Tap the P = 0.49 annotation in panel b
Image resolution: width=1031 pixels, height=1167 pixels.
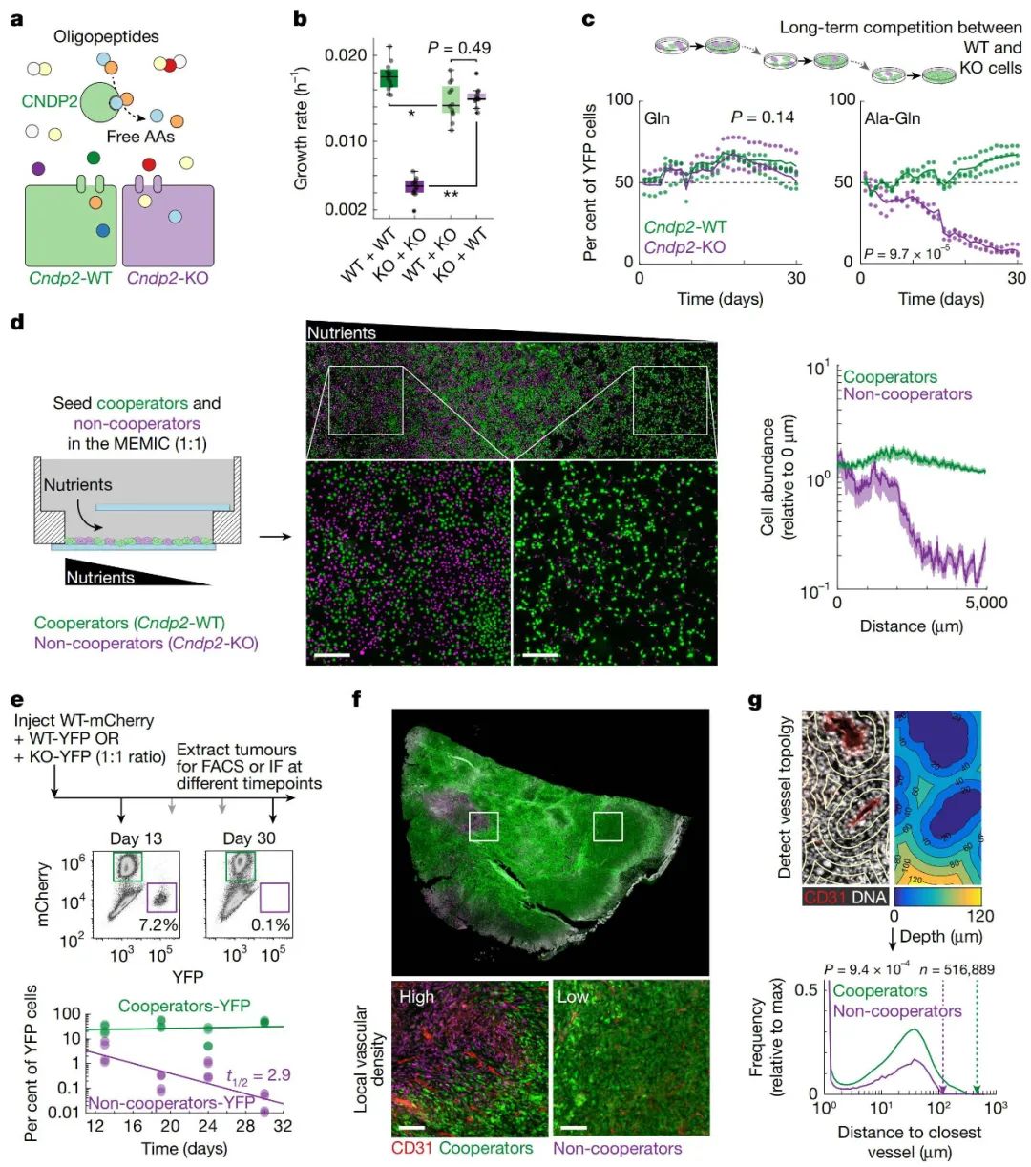point(459,48)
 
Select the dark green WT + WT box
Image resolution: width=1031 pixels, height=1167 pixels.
point(389,77)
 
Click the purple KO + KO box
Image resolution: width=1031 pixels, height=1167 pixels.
point(413,185)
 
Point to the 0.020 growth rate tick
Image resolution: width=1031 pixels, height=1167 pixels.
point(346,54)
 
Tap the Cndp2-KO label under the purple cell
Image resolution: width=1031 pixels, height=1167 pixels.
point(167,278)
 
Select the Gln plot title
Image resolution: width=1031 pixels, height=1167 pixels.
point(657,118)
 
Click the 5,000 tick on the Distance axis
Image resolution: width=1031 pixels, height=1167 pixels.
point(985,603)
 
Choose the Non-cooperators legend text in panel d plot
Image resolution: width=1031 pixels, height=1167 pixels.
point(907,394)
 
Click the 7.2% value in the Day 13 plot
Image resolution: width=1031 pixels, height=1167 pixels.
point(158,925)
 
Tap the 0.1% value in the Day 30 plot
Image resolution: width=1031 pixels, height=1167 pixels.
point(270,925)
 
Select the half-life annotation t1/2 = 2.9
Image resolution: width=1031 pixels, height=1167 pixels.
point(258,1075)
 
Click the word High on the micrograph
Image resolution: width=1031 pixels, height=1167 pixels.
point(416,997)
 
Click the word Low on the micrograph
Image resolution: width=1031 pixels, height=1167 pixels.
point(573,997)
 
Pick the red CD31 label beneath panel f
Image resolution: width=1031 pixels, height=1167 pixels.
point(412,1148)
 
